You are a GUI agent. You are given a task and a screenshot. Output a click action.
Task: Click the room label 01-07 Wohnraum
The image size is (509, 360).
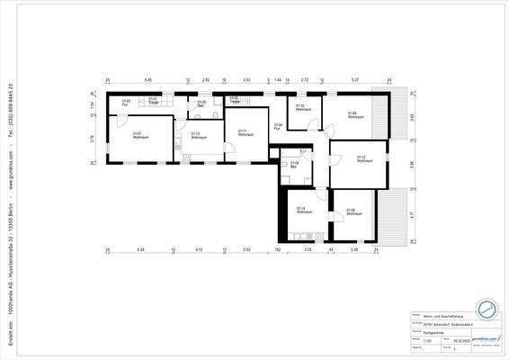click(139, 136)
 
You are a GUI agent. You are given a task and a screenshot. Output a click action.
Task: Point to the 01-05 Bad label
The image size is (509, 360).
click(201, 103)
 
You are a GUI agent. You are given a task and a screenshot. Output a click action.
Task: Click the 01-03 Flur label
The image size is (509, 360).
click(126, 103)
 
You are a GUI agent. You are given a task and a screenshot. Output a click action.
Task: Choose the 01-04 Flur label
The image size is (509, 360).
click(278, 127)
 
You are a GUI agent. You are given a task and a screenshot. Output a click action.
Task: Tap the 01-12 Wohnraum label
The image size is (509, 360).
click(363, 158)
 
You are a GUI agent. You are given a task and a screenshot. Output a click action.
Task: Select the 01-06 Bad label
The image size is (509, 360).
click(294, 164)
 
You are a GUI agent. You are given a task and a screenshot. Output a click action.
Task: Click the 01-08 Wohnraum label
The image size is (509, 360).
click(353, 211)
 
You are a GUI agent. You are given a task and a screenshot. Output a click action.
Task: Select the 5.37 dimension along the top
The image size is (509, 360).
click(354, 79)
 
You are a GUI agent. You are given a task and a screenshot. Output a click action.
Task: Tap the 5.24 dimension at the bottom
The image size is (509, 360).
click(140, 248)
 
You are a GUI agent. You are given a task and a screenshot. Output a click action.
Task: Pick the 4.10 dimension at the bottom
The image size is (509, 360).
click(199, 248)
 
